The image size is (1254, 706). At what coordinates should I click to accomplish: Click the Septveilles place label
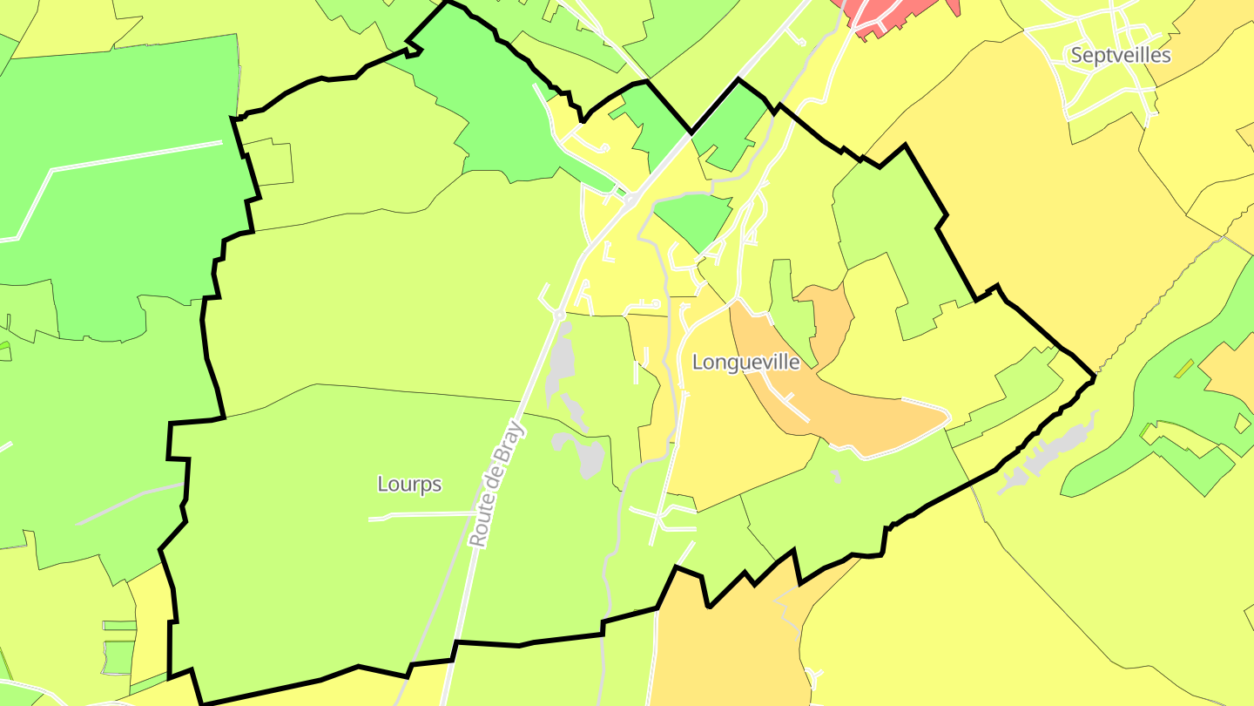point(1120,56)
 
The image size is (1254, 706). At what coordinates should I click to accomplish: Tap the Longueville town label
point(745,363)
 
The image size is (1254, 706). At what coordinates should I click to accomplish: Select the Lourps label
point(409,485)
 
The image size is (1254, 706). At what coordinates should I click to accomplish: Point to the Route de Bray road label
point(498,484)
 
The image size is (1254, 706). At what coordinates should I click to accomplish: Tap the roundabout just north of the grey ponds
point(559,315)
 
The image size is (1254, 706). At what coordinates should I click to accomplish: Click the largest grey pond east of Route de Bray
point(590,458)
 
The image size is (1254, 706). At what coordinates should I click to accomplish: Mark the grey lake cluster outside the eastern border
point(1045,453)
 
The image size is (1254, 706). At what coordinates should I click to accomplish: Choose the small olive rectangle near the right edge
point(1183,369)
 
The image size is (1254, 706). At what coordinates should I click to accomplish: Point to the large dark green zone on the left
point(113,218)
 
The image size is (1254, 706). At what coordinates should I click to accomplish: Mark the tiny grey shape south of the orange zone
point(835,477)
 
